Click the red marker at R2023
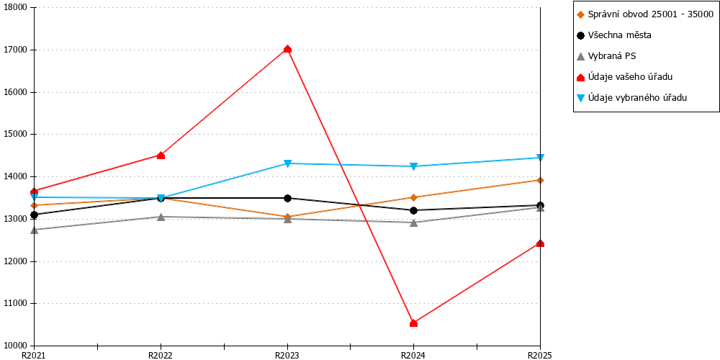(x=287, y=49)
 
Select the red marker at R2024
(x=414, y=323)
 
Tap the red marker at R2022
(x=161, y=156)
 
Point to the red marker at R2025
(x=541, y=243)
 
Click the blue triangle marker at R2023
(x=287, y=163)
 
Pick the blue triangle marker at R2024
(x=414, y=166)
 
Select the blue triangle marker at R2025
(x=541, y=158)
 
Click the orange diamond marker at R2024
(x=414, y=197)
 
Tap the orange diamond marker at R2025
(x=541, y=180)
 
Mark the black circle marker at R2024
(x=414, y=210)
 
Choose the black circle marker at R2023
(x=287, y=198)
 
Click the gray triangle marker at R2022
(x=161, y=217)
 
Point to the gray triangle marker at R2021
(x=35, y=230)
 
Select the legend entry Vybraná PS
(x=606, y=56)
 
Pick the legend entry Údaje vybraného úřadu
(x=632, y=97)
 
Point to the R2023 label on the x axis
(x=287, y=355)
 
